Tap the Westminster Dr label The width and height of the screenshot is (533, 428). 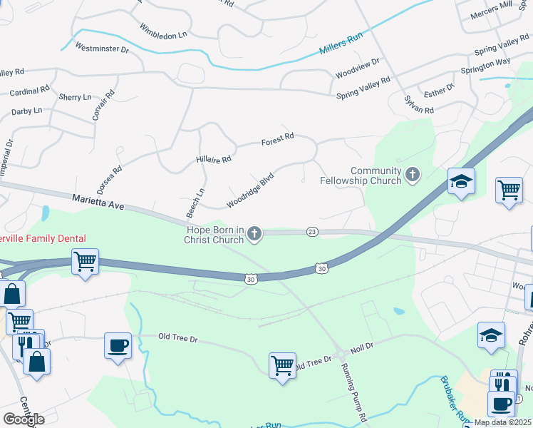(101, 49)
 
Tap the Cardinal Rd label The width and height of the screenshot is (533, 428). (30, 91)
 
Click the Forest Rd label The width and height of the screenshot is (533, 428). (277, 138)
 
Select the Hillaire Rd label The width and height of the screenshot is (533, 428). (214, 159)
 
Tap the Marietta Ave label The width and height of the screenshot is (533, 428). (98, 203)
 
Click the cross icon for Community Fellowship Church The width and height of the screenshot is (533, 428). (412, 175)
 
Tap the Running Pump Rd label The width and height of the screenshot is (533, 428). (352, 392)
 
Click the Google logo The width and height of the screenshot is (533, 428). (24, 419)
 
